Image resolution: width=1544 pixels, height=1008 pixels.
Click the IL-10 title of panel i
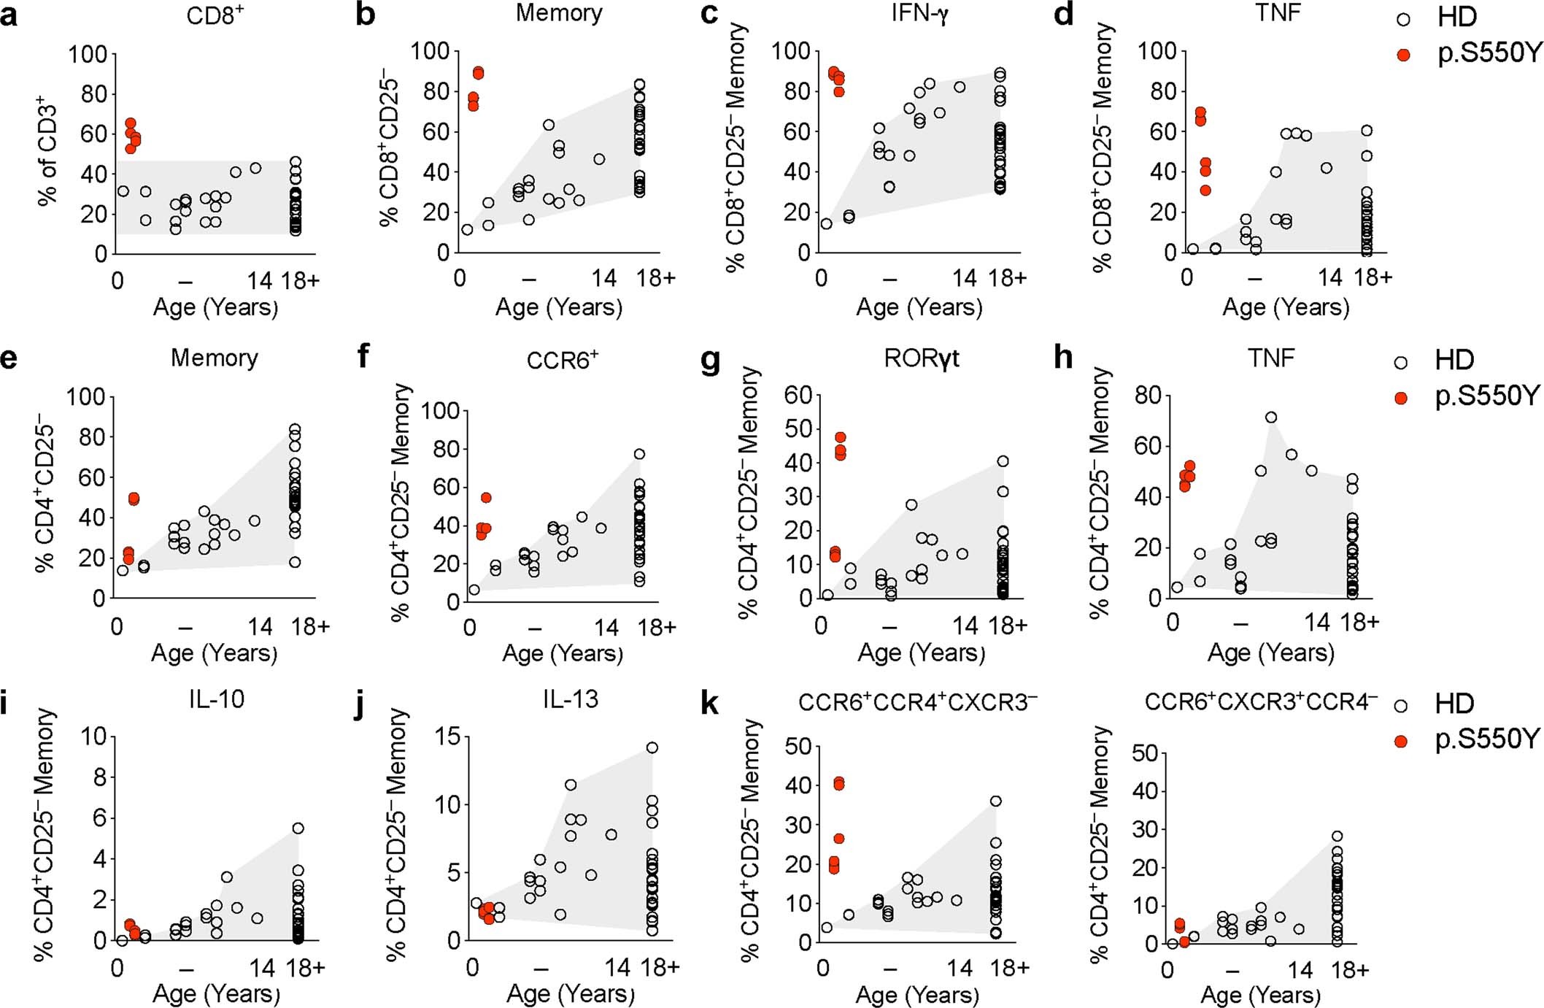pos(216,699)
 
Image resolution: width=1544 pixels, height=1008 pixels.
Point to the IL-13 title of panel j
pos(570,699)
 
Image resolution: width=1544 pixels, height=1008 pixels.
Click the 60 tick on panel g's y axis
pos(798,396)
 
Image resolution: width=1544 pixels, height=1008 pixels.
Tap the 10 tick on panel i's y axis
pos(93,736)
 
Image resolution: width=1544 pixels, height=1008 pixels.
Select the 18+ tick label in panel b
pos(655,278)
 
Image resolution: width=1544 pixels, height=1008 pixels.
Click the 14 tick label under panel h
pos(1317,623)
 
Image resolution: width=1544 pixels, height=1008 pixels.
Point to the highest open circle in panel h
pos(1270,418)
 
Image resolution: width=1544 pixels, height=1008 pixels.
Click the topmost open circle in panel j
pos(652,747)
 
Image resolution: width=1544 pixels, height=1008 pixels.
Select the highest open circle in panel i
pos(298,828)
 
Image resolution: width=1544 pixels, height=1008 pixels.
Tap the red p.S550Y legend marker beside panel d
pos(1403,55)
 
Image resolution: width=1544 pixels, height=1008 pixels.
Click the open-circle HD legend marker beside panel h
pos(1401,361)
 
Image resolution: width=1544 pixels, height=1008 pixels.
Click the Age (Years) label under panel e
pos(215,653)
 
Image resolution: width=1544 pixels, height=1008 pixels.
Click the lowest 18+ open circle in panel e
pos(294,562)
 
